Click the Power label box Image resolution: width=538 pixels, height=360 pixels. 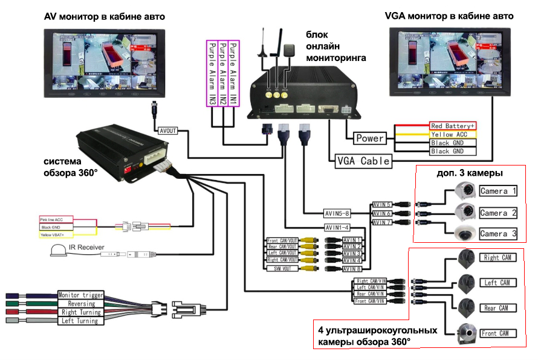[x=370, y=138]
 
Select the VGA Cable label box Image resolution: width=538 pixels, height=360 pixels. [x=363, y=161]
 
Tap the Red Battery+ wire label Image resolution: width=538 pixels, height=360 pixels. [x=452, y=126]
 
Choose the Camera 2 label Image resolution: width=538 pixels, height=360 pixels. [x=498, y=213]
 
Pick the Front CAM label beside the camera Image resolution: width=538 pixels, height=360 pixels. [x=498, y=333]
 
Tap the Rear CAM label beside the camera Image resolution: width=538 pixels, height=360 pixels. [x=498, y=308]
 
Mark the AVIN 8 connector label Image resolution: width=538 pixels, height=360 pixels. [x=352, y=269]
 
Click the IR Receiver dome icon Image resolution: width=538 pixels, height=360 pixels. [x=58, y=252]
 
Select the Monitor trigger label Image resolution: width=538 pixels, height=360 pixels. [x=80, y=295]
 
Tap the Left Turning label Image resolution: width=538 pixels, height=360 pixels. [x=80, y=321]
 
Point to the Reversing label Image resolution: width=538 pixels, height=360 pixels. [x=80, y=304]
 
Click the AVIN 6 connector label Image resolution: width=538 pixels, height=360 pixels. [x=382, y=213]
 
